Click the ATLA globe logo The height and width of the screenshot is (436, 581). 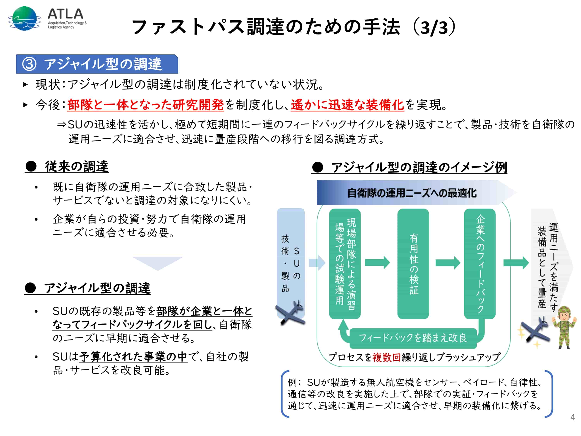pyautogui.click(x=24, y=18)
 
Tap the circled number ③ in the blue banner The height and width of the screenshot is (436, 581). pyautogui.click(x=29, y=64)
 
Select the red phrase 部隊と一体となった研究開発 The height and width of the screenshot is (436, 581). pyautogui.click(x=145, y=105)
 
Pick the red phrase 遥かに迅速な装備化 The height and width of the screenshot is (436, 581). pyautogui.click(x=347, y=105)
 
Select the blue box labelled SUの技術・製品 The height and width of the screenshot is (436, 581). pyautogui.click(x=291, y=263)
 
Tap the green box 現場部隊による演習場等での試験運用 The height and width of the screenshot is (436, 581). pyautogui.click(x=345, y=264)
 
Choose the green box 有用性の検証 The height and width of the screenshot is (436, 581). pyautogui.click(x=413, y=264)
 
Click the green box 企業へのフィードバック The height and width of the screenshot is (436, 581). pyautogui.click(x=480, y=264)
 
